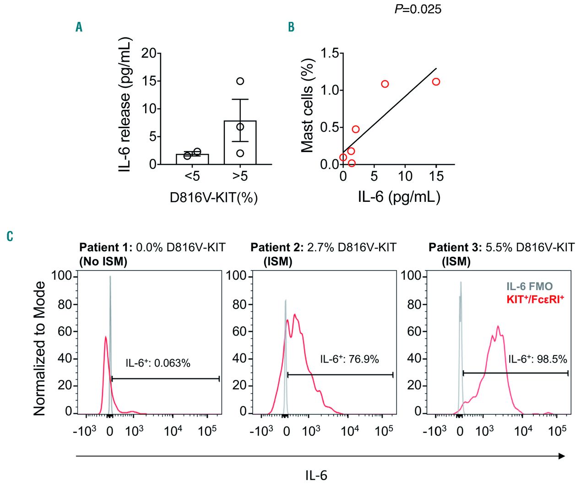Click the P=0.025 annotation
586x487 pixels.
click(418, 9)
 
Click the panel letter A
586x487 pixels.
click(79, 27)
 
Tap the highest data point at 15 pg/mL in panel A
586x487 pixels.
click(240, 81)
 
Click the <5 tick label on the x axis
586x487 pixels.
click(192, 176)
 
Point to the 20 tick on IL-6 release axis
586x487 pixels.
click(149, 53)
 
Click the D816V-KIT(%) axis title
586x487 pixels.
click(214, 198)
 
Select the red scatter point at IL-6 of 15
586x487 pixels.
click(436, 81)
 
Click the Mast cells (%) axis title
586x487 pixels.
click(307, 105)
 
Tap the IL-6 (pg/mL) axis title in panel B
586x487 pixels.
click(399, 197)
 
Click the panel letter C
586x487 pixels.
click(10, 236)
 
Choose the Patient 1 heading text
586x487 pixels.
click(152, 248)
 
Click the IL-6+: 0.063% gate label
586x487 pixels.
click(158, 363)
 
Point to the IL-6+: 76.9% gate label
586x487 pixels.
click(349, 359)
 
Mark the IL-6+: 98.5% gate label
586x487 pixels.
click(537, 359)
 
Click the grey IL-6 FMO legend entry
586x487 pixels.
click(529, 287)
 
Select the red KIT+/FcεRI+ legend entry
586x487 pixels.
click(535, 299)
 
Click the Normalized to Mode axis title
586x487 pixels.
click(40, 348)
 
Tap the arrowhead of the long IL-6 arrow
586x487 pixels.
click(562, 456)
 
